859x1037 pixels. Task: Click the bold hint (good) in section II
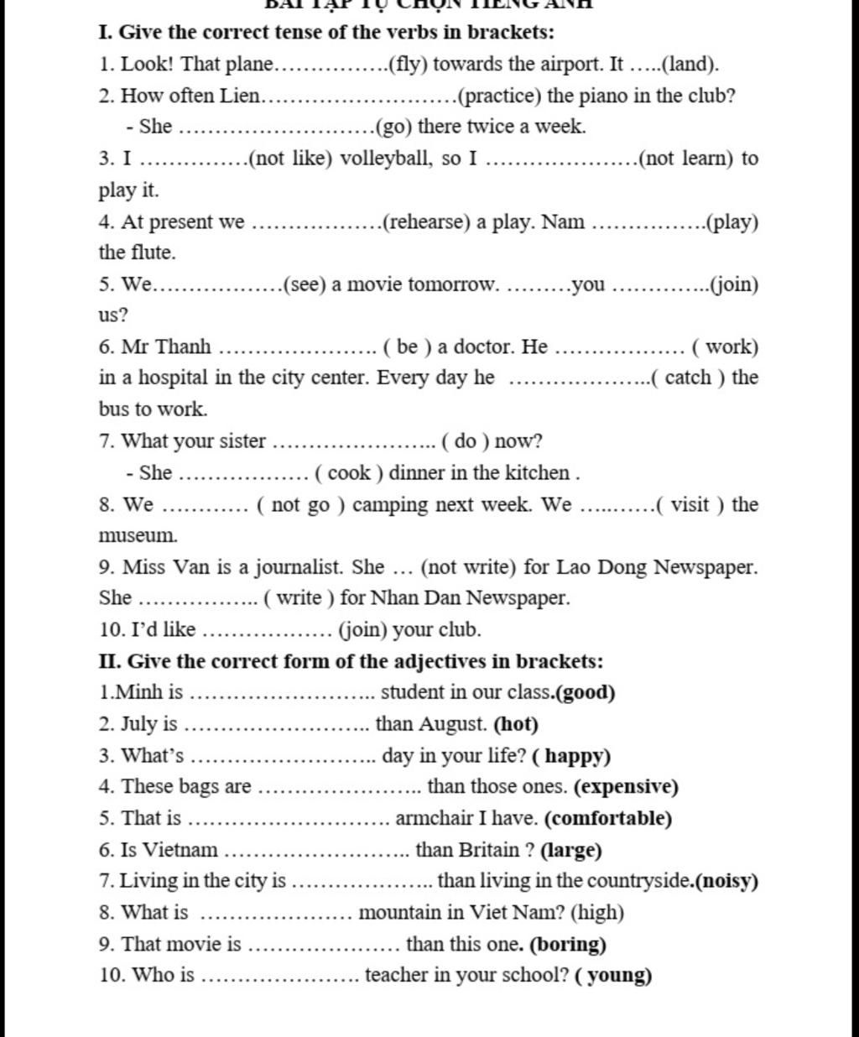586,693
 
